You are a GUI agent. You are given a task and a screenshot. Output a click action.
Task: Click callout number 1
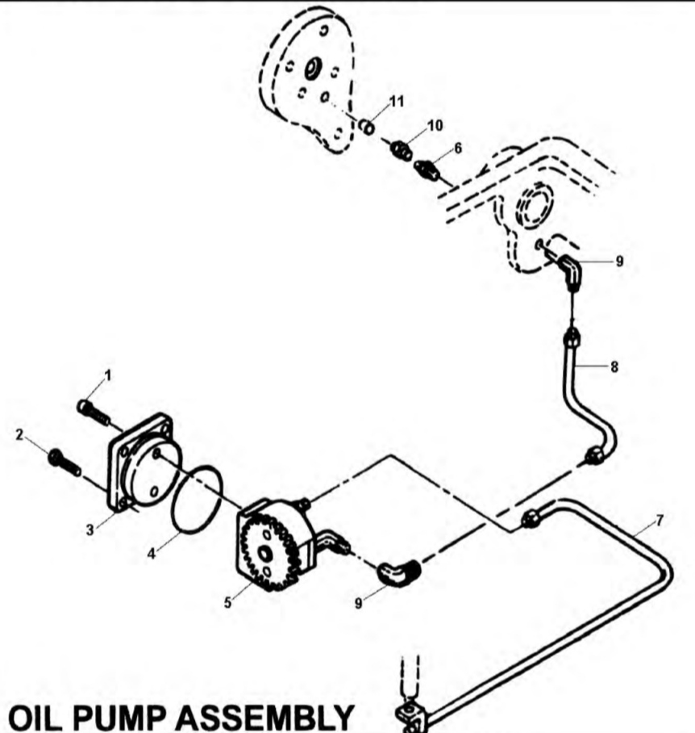[x=108, y=375]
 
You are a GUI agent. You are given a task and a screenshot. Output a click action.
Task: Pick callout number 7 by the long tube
[x=660, y=519]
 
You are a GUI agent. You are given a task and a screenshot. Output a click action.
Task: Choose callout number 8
[x=614, y=367]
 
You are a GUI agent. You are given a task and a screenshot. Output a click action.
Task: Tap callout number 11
[x=397, y=100]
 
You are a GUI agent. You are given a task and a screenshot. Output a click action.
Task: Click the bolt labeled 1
[x=94, y=411]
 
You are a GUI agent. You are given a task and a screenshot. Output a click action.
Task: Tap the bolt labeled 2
[x=62, y=460]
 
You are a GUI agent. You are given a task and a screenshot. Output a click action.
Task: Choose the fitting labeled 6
[x=427, y=170]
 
